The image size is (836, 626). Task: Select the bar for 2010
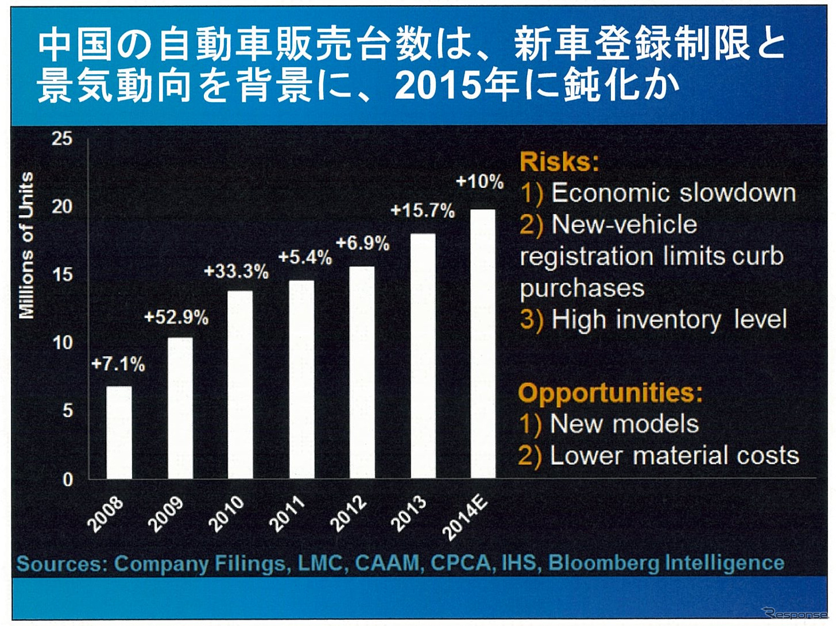click(240, 384)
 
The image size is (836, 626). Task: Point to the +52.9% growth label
click(176, 318)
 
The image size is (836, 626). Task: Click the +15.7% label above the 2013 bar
click(422, 211)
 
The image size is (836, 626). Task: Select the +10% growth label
click(479, 182)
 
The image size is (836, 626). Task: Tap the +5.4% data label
click(305, 257)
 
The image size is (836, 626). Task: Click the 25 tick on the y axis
click(62, 138)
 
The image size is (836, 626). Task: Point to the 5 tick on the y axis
click(67, 411)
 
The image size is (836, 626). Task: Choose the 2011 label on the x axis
click(287, 514)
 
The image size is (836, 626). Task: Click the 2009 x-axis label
click(166, 514)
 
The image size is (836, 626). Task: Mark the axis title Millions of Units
click(26, 245)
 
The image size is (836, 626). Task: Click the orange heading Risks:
click(559, 162)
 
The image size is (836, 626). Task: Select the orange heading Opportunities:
click(610, 393)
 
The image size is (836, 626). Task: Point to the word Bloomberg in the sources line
click(603, 563)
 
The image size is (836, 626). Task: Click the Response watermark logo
click(795, 613)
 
